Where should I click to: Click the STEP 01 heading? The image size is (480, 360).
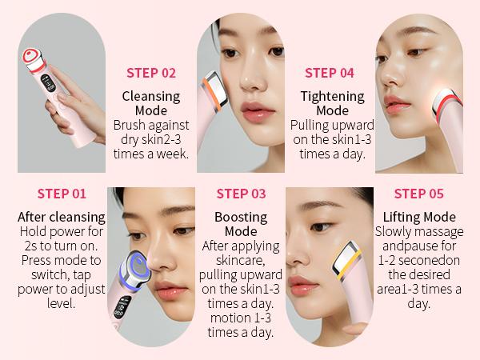62,193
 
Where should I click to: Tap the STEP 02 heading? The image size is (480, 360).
151,73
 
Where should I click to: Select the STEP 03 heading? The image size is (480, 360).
241,193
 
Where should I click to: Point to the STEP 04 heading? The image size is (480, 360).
330,73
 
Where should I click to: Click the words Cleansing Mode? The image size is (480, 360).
151,103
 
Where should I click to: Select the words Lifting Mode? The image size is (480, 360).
419,217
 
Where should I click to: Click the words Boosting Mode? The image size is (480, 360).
241,224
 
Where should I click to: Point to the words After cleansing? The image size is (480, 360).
62,217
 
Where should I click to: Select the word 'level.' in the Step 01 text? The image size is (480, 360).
62,304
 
